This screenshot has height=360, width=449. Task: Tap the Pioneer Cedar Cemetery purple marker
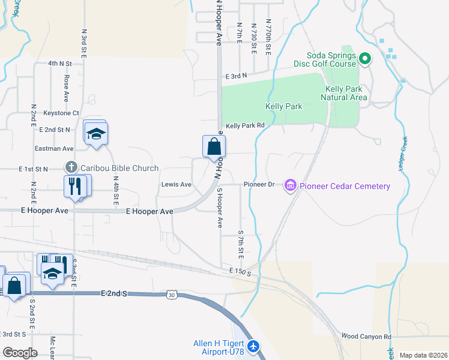(x=291, y=185)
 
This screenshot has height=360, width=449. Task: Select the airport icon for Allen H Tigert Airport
(x=254, y=346)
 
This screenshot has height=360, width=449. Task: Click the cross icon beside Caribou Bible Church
(x=71, y=168)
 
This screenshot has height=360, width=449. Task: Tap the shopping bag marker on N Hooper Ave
(x=214, y=146)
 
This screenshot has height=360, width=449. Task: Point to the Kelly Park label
(x=284, y=106)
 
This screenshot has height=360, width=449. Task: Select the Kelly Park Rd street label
(x=245, y=125)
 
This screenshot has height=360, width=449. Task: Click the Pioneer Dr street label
(x=259, y=184)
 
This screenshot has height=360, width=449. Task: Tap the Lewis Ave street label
(x=176, y=185)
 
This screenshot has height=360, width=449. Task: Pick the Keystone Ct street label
(x=61, y=113)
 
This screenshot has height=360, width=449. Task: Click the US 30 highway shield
(x=172, y=295)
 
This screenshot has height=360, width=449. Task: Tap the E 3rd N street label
(x=237, y=76)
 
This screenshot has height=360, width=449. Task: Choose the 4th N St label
(x=61, y=63)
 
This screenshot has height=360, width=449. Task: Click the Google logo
(x=20, y=353)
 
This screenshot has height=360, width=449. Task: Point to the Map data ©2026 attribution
(x=423, y=355)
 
